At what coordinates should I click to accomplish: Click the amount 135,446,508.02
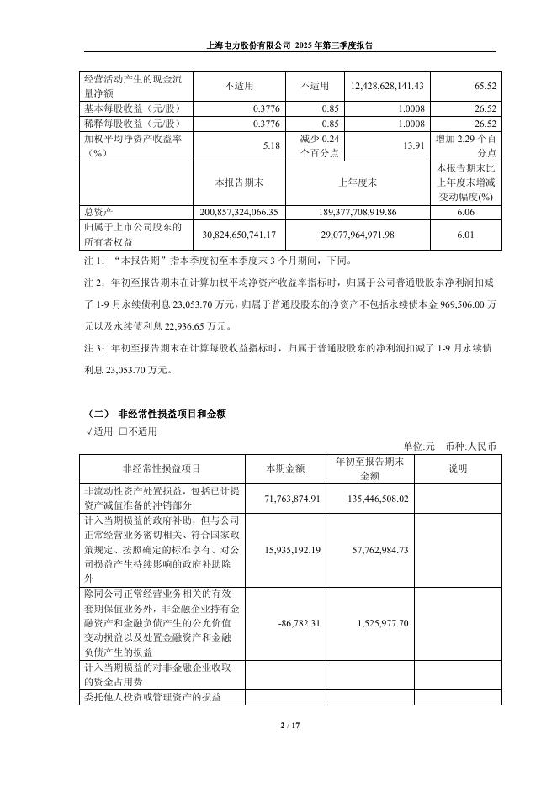pyautogui.click(x=371, y=498)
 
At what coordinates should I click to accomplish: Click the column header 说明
pyautogui.click(x=458, y=468)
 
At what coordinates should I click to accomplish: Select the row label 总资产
pyautogui.click(x=99, y=213)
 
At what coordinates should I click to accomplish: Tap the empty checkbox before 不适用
pyautogui.click(x=123, y=431)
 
